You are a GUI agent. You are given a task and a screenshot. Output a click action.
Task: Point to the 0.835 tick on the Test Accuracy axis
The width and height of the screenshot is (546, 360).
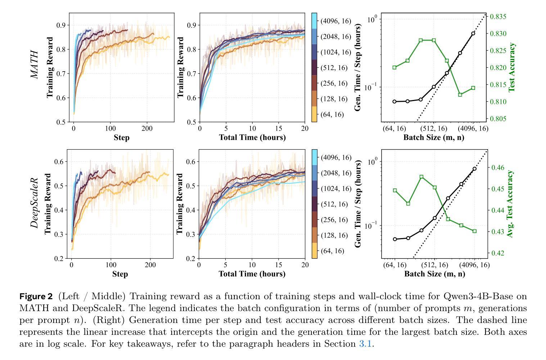pos(497,17)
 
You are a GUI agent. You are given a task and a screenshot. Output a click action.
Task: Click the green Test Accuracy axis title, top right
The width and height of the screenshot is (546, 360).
pos(512,67)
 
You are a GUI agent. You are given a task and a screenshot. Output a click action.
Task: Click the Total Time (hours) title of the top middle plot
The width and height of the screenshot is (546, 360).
pos(252,137)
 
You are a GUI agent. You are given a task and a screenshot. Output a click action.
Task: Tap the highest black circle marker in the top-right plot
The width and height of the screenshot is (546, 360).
pos(473,33)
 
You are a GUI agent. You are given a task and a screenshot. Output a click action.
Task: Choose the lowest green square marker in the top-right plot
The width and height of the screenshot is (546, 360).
pos(460,95)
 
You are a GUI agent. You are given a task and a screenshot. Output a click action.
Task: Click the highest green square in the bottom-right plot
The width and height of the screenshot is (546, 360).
pos(421,177)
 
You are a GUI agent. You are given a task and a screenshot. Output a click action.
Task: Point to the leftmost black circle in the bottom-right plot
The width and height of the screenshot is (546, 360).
pos(395,239)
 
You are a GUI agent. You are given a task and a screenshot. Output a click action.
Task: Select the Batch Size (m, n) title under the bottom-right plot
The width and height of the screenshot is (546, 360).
pos(434,274)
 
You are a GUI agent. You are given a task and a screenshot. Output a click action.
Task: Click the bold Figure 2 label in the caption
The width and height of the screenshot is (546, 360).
pos(36,297)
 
